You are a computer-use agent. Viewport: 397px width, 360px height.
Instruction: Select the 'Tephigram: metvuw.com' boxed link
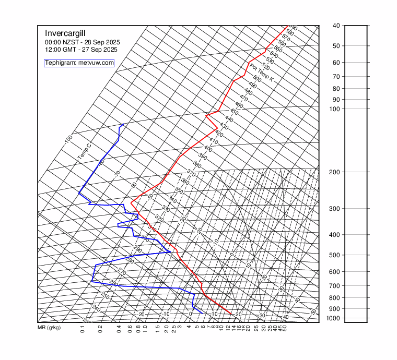point(79,63)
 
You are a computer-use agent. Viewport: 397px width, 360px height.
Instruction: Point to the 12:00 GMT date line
point(81,50)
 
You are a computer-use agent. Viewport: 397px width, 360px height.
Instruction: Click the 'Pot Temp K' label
point(262,73)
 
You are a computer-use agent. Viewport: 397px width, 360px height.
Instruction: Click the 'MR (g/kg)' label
point(49,328)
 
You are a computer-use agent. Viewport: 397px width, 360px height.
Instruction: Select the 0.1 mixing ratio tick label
point(83,329)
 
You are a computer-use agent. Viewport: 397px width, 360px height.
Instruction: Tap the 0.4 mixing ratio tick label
point(120,329)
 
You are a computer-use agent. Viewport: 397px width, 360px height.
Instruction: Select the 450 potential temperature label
point(234,113)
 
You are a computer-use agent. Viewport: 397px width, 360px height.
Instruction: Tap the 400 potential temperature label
point(208,149)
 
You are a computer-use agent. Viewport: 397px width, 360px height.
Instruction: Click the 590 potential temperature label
point(293,28)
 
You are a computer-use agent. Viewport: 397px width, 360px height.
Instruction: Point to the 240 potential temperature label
point(96,308)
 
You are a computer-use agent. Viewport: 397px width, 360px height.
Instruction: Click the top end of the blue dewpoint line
point(123,124)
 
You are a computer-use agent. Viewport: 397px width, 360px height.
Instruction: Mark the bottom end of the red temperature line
point(231,314)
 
